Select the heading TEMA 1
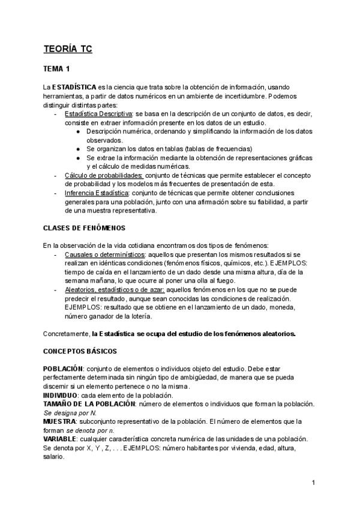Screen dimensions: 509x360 pos(57,69)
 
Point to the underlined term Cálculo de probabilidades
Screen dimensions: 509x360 pos(103,175)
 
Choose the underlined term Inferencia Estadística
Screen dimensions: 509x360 pos(97,193)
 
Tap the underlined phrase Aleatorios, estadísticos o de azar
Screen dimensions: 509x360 pos(113,289)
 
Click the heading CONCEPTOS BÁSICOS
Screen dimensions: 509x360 pos(80,351)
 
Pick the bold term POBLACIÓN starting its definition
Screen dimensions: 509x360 pos(62,369)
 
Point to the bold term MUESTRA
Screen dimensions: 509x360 pos(59,421)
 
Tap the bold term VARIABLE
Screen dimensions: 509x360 pos(59,439)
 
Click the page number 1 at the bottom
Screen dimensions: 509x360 pos(314,483)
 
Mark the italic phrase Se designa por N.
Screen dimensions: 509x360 pos(70,413)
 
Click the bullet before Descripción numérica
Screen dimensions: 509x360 pos(79,131)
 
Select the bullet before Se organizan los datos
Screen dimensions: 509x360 pos(79,149)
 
